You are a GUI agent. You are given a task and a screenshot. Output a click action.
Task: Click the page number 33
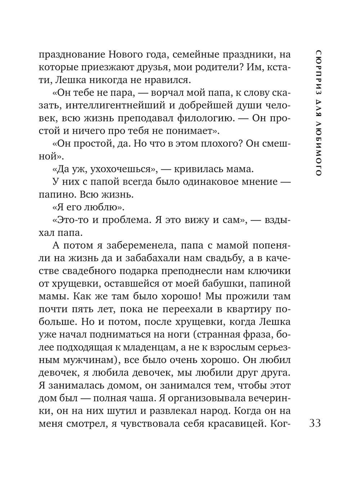tap(315, 423)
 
